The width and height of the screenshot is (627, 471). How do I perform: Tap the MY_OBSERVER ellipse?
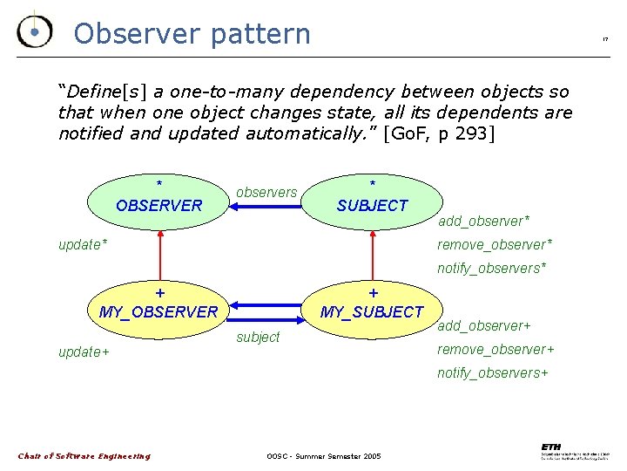(x=159, y=310)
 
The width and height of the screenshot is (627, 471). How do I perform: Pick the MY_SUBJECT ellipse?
(x=372, y=310)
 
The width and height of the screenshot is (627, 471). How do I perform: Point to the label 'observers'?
(x=266, y=192)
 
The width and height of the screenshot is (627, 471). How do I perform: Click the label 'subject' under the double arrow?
(x=259, y=337)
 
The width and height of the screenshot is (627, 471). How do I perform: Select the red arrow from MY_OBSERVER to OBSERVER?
(x=159, y=259)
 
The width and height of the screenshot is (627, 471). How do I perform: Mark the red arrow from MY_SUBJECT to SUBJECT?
(x=372, y=259)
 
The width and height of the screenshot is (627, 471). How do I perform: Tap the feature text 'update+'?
(x=84, y=352)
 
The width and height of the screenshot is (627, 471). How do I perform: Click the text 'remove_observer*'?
(x=495, y=244)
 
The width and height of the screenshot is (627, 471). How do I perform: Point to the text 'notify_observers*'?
(x=492, y=268)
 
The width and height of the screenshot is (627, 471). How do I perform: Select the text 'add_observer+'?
(x=484, y=325)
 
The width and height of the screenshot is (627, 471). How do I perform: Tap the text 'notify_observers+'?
(x=493, y=372)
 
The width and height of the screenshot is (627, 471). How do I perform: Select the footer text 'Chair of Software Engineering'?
(x=84, y=456)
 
